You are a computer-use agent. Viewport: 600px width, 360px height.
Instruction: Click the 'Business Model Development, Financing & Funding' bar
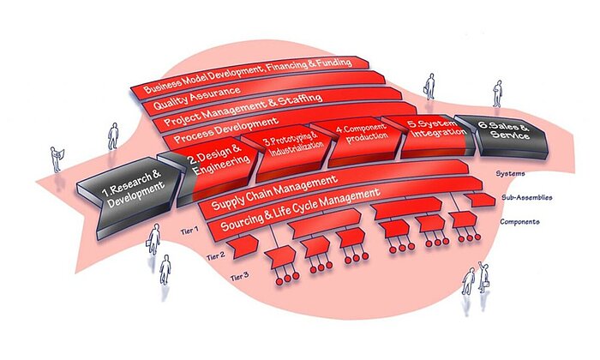(x=249, y=75)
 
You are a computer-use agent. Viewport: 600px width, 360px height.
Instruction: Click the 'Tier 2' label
(x=218, y=254)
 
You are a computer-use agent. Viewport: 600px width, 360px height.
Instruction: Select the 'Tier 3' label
(x=242, y=276)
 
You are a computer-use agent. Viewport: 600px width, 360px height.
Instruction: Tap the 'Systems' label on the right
(x=511, y=174)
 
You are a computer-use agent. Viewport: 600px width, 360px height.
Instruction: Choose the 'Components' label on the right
(x=519, y=222)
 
